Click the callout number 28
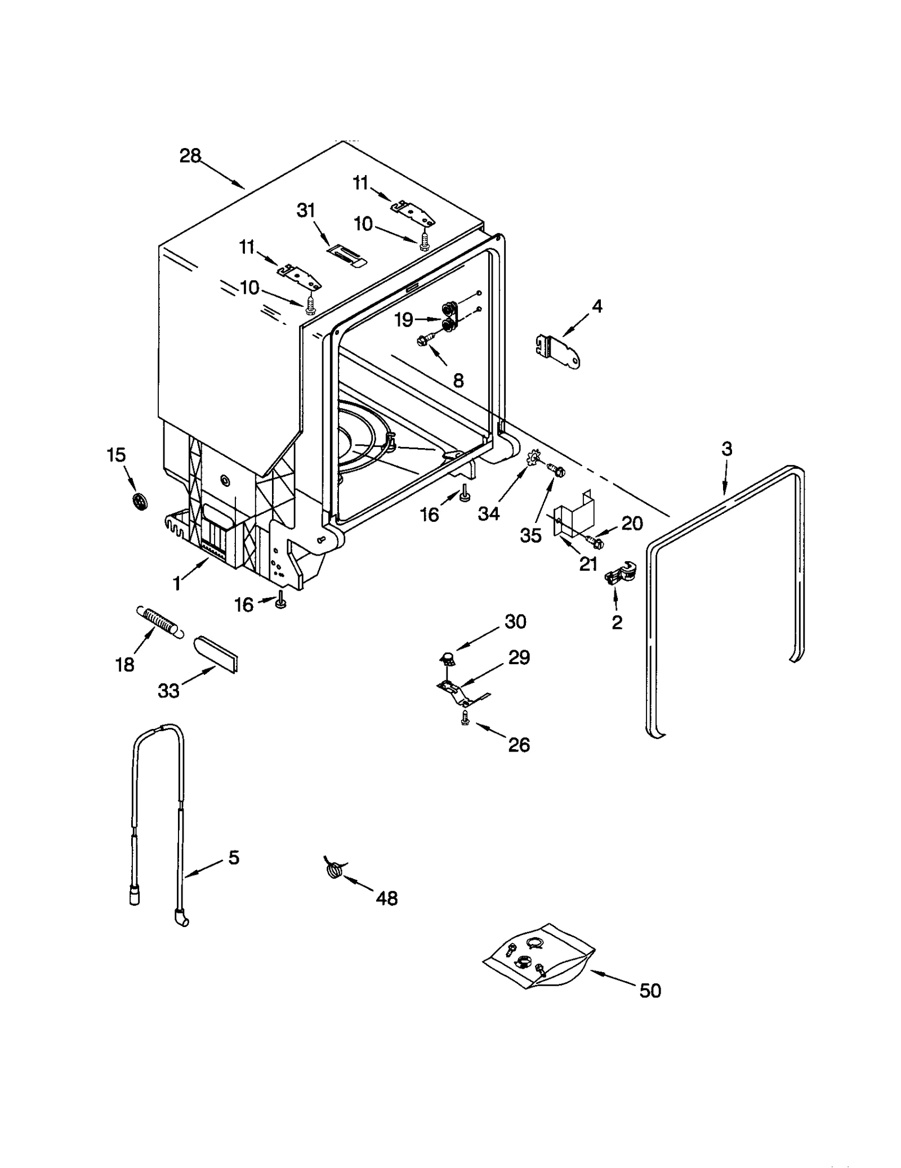(x=190, y=155)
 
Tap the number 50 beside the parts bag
(x=650, y=991)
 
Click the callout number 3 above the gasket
(x=727, y=449)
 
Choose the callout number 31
(x=306, y=211)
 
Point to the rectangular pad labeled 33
(x=216, y=653)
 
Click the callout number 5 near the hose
(x=234, y=857)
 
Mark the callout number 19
(x=404, y=320)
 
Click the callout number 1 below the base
(x=177, y=584)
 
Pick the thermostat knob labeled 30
(x=447, y=656)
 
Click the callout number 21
(x=588, y=563)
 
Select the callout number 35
(x=530, y=535)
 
